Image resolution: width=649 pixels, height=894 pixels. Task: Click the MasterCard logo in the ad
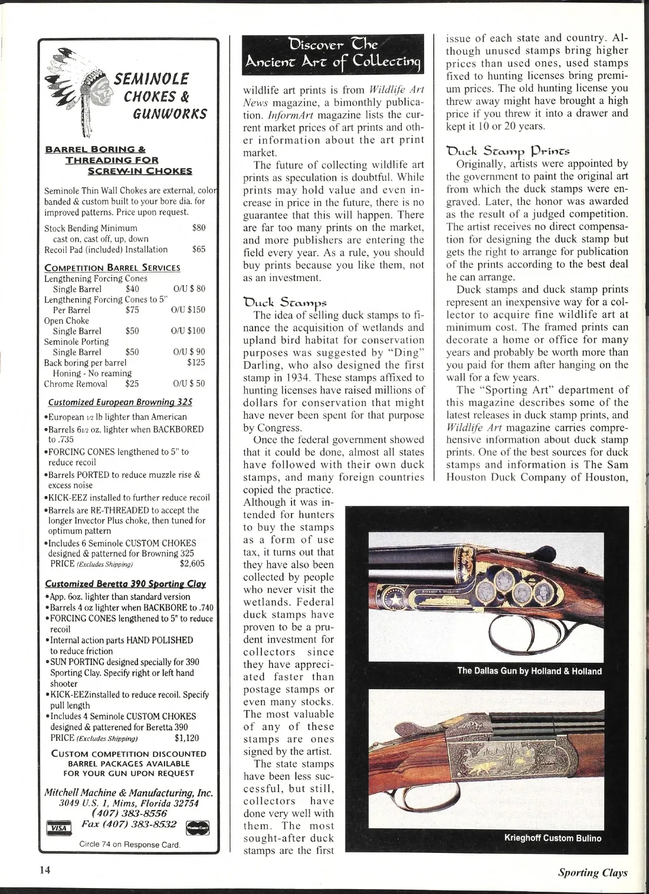[197, 828]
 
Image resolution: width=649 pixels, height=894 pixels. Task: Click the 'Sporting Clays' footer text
[593, 872]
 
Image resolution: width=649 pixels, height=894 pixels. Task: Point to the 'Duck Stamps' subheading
[285, 302]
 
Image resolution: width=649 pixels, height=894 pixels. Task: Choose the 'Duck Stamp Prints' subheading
[508, 150]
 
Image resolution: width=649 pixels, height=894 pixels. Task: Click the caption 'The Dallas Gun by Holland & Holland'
[529, 671]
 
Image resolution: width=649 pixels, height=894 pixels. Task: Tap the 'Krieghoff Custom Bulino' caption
[552, 838]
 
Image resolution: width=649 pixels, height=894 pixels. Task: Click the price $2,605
[192, 563]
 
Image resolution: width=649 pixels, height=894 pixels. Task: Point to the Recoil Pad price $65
[199, 249]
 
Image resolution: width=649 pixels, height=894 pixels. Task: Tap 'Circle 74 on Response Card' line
[130, 844]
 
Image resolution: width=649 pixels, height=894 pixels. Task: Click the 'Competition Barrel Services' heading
[112, 268]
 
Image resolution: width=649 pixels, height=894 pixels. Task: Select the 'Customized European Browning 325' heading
[120, 402]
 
